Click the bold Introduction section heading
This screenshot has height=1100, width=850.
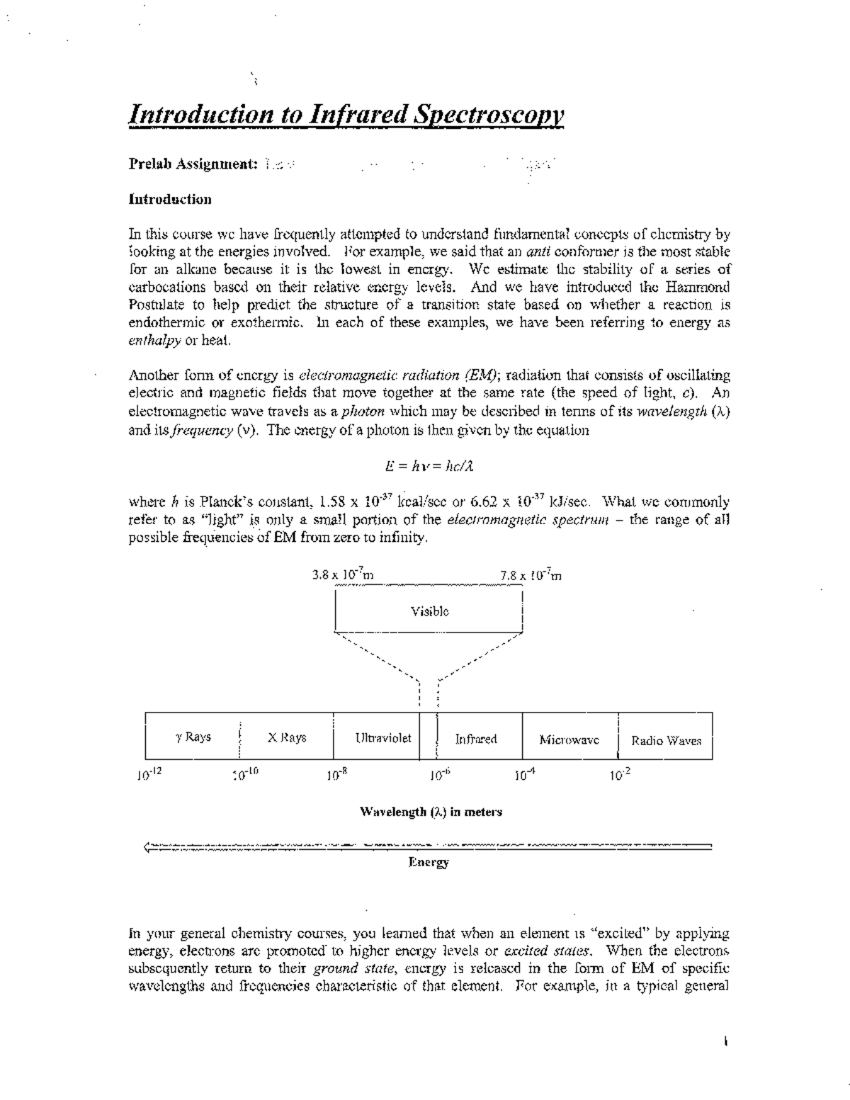[x=169, y=199]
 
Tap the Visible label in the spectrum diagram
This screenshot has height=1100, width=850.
[x=429, y=611]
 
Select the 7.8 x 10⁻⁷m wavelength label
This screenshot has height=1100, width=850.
[x=530, y=576]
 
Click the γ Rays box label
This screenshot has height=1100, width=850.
[x=193, y=737]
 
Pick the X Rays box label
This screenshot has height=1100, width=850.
[x=287, y=737]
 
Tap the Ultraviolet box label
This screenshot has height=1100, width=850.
[x=382, y=737]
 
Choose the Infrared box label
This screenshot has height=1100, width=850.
[x=475, y=739]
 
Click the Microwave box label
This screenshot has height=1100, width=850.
[x=569, y=739]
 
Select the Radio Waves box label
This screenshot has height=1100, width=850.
[x=666, y=741]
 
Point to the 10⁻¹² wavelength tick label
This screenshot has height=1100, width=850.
[x=149, y=774]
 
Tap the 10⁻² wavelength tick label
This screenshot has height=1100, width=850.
[x=619, y=774]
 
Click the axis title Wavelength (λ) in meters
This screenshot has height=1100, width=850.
[x=431, y=812]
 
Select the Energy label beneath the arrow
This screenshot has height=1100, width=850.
[x=429, y=862]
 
